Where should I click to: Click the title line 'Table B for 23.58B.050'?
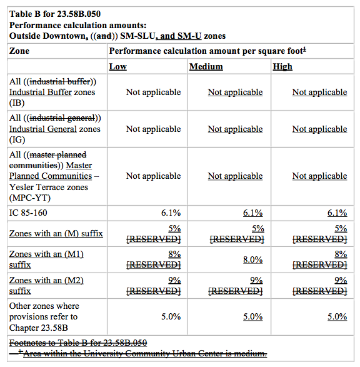click(56, 13)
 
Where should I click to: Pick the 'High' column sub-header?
click(282, 66)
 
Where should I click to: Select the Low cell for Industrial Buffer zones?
click(153, 92)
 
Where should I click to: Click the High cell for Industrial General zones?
click(319, 129)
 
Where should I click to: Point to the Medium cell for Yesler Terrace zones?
click(235, 176)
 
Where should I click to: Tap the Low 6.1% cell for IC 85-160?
click(171, 213)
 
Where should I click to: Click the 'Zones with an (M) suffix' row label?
click(56, 233)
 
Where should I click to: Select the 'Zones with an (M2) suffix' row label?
click(46, 285)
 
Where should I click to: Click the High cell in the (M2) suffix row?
click(319, 286)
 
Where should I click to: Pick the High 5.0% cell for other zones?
click(336, 316)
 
